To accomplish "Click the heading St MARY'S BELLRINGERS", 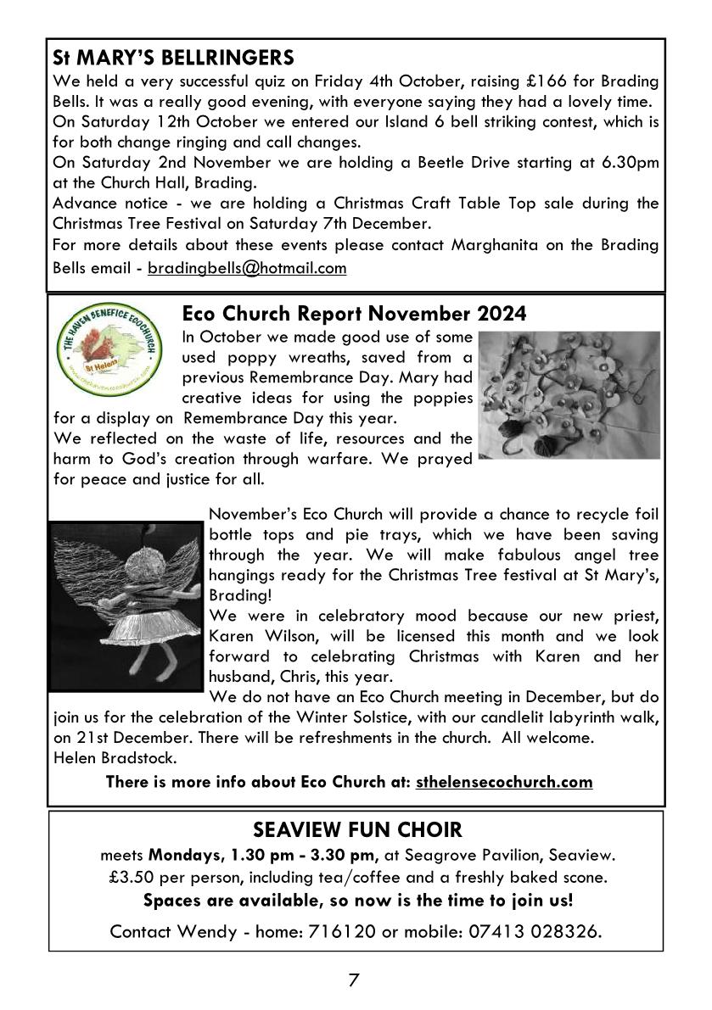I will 173,59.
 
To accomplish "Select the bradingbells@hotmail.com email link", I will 247,269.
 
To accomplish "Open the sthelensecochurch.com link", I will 504,782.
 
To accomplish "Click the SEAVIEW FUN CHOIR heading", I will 356,829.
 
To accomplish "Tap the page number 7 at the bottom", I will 354,981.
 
